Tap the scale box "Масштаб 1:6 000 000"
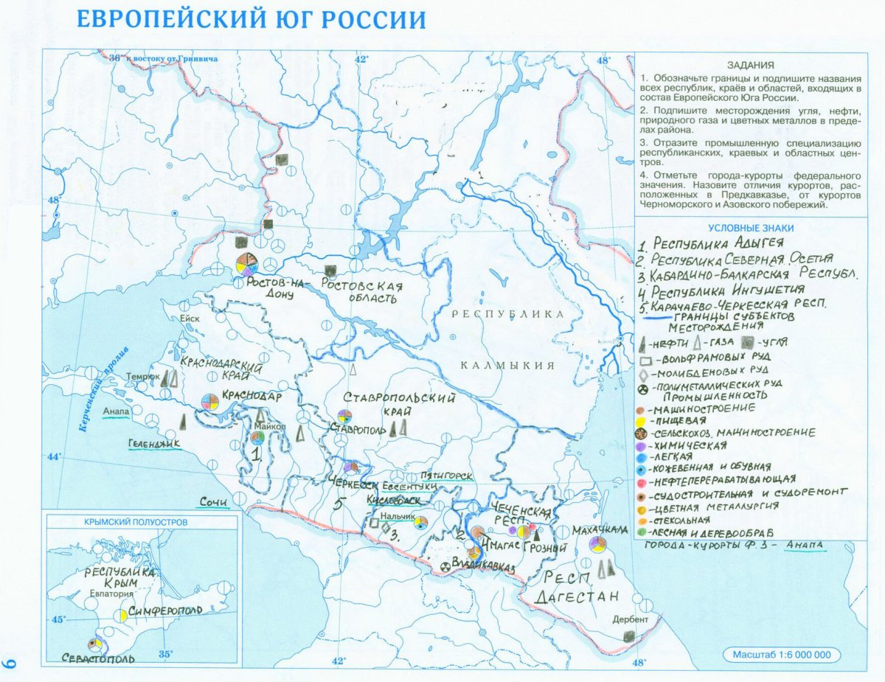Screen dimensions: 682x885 pyautogui.click(x=782, y=655)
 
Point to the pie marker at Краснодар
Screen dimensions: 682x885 pyautogui.click(x=210, y=402)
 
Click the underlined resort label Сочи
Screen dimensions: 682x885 pyautogui.click(x=214, y=502)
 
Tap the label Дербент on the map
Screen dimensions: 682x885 pyautogui.click(x=630, y=619)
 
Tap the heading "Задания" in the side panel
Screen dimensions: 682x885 pyautogui.click(x=750, y=64)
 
